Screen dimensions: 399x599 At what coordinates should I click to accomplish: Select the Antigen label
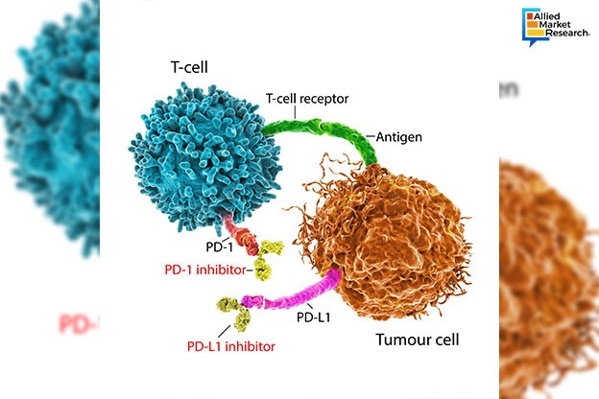pyautogui.click(x=400, y=136)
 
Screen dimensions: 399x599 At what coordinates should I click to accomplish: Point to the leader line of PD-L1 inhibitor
pyautogui.click(x=235, y=331)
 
